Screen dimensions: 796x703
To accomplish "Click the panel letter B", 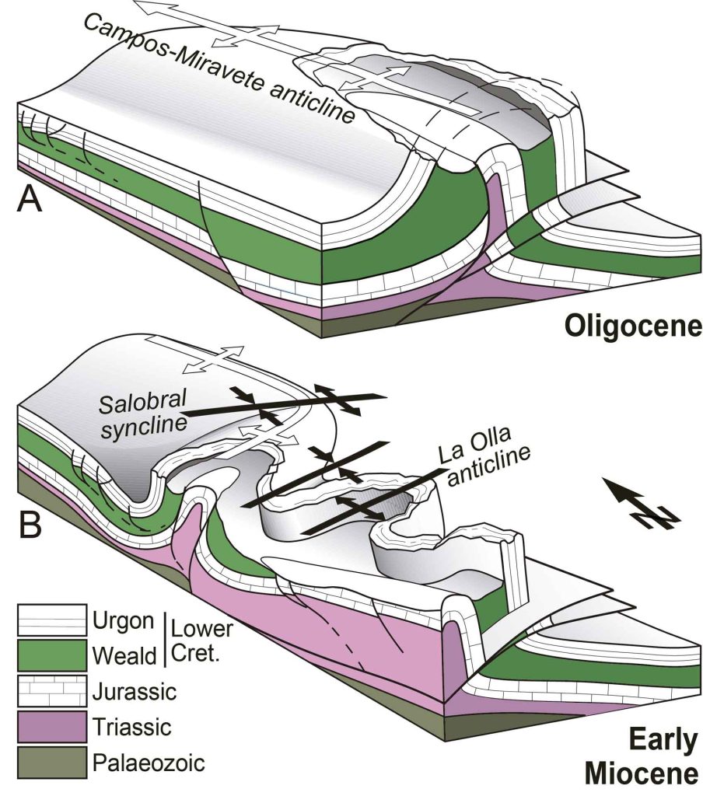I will (30, 524).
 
